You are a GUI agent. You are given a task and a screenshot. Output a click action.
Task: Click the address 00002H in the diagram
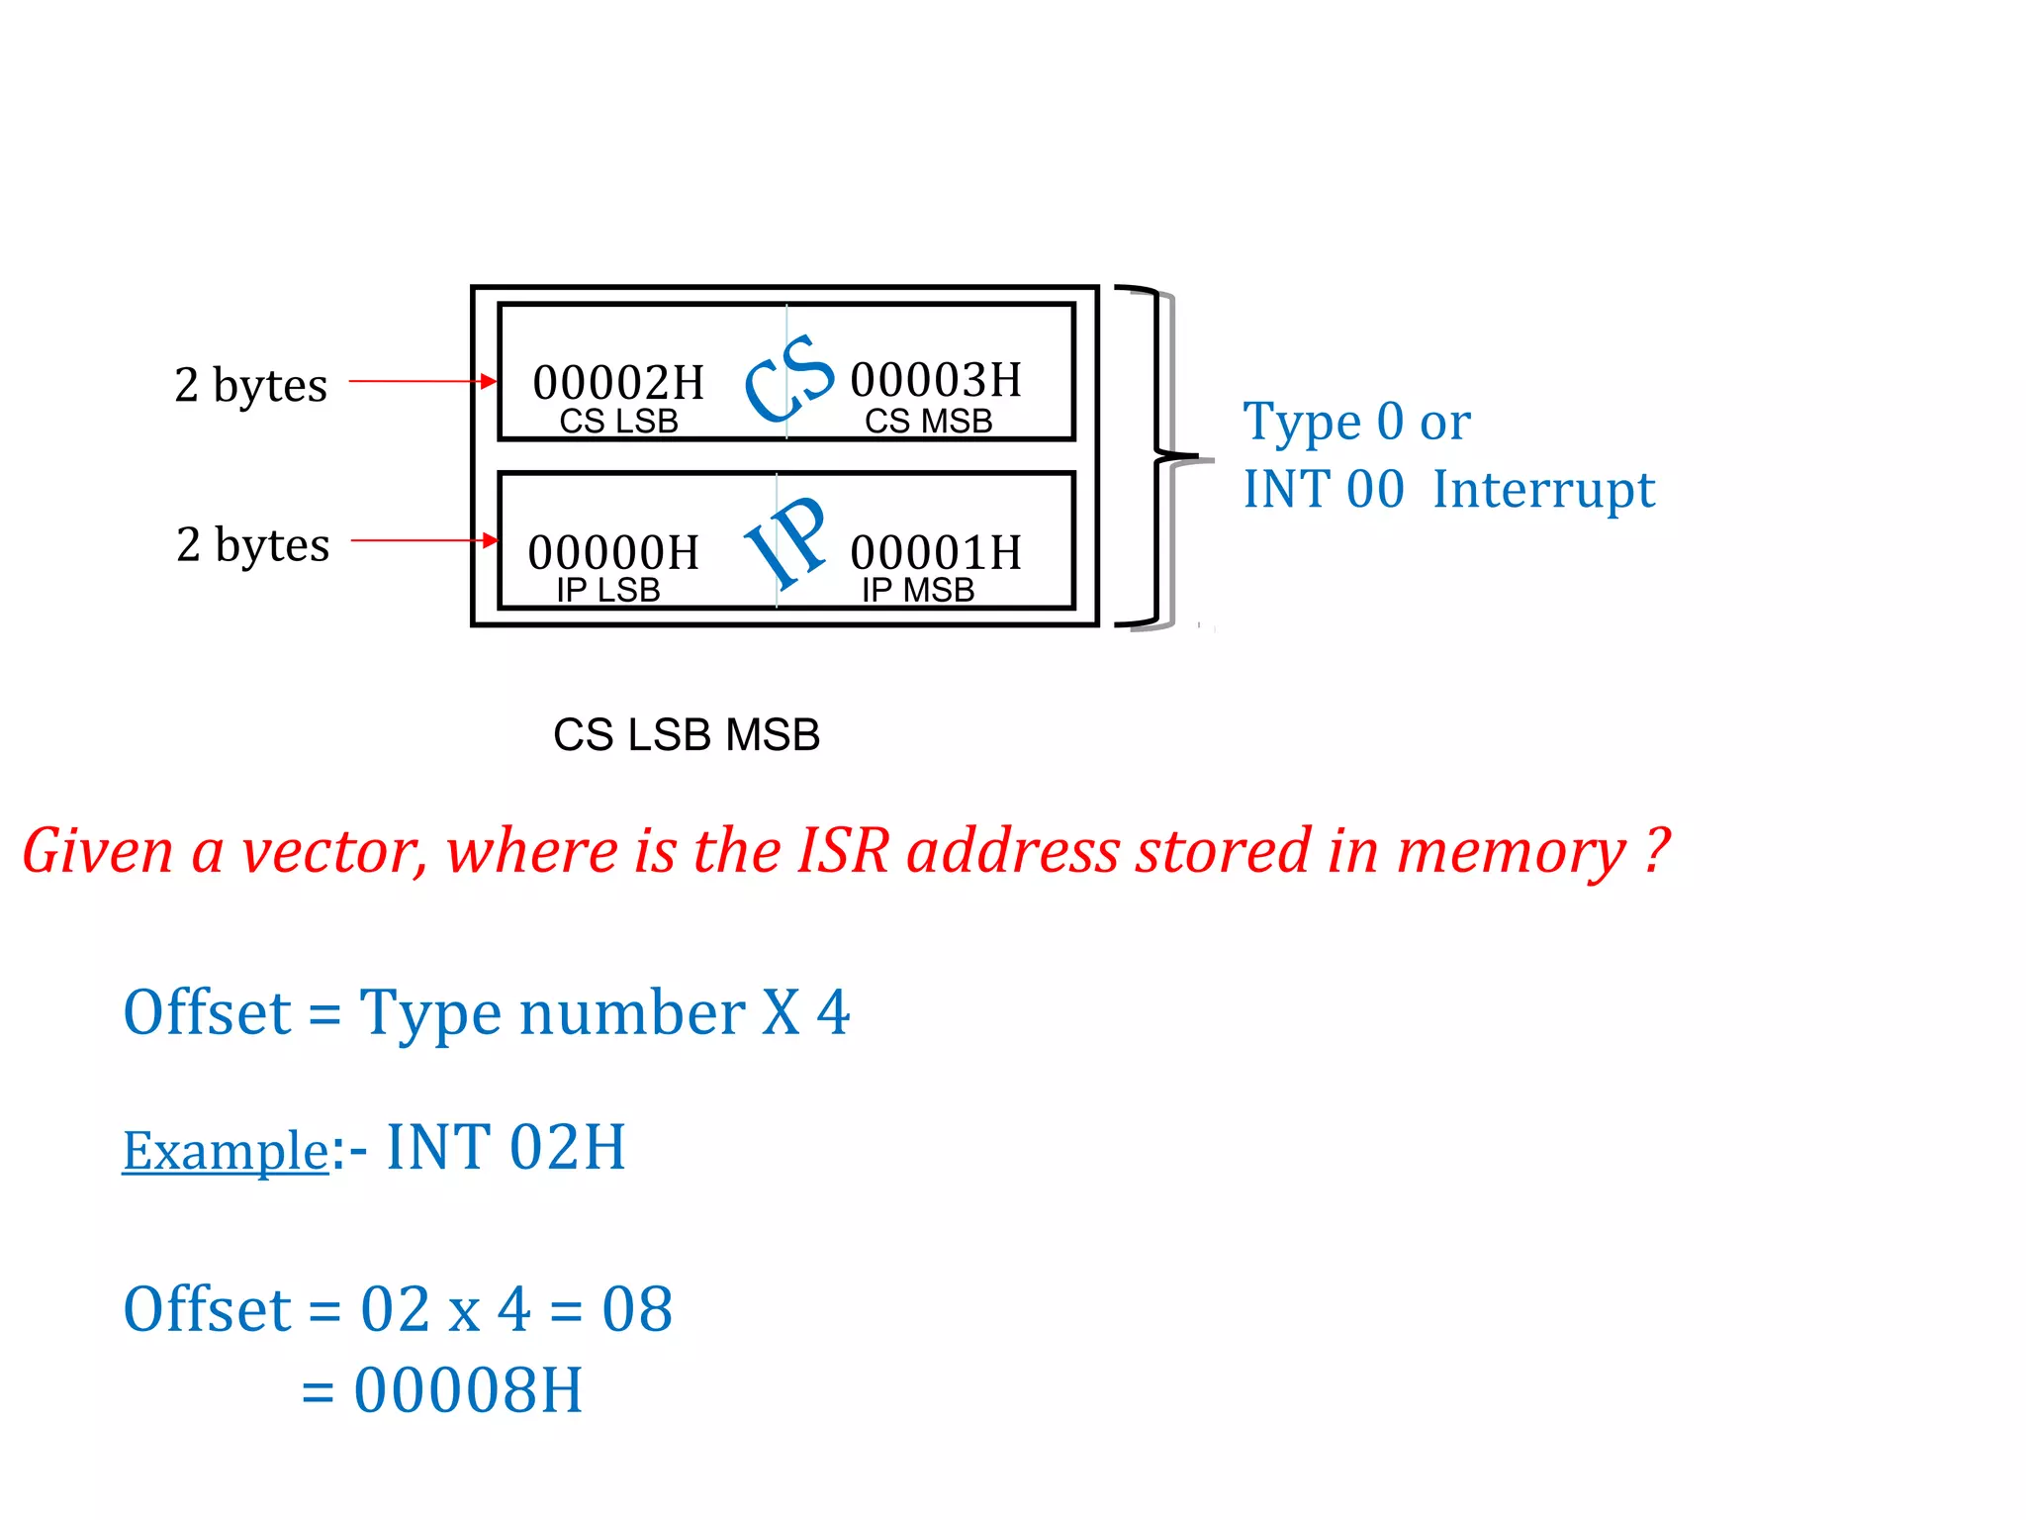point(618,383)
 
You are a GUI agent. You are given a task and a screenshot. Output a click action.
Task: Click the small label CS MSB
point(928,422)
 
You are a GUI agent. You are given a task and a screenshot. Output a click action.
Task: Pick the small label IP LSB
point(607,591)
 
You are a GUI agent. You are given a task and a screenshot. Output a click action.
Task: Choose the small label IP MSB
point(918,591)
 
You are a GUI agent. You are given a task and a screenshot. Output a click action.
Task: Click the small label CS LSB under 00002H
point(618,422)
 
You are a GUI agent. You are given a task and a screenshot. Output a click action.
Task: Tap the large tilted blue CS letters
point(788,378)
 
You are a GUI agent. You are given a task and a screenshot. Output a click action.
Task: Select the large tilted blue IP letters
point(786,542)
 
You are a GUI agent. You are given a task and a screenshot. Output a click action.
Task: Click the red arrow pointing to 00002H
point(422,381)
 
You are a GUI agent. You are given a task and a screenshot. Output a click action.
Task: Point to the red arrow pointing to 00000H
point(424,540)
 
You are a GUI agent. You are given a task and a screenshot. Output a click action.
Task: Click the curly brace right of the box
point(1157,457)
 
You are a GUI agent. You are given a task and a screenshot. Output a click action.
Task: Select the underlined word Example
point(225,1151)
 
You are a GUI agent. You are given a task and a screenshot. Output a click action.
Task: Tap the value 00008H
point(468,1390)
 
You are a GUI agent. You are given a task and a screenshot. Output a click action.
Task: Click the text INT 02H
point(506,1148)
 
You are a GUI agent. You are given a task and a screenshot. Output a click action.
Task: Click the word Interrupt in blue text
point(1543,490)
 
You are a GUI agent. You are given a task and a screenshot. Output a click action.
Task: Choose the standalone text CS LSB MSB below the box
point(687,735)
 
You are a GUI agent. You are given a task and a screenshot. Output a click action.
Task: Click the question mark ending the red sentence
point(1656,851)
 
